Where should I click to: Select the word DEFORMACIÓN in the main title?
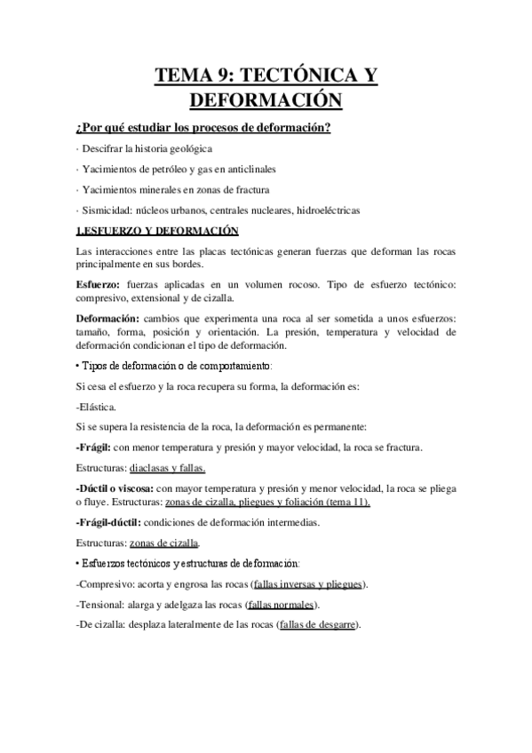[x=266, y=100]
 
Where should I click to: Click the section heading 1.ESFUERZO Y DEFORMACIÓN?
[x=159, y=231]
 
